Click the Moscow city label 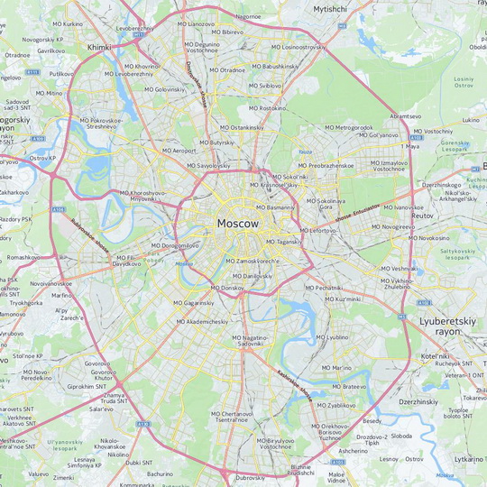[238, 223]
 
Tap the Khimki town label [99, 46]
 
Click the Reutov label [422, 216]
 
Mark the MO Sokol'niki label [289, 177]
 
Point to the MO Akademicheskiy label [200, 321]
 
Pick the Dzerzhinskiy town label [418, 401]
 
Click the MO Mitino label [49, 93]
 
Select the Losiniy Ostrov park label [464, 83]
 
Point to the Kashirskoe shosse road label [294, 384]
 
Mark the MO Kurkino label [67, 23]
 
